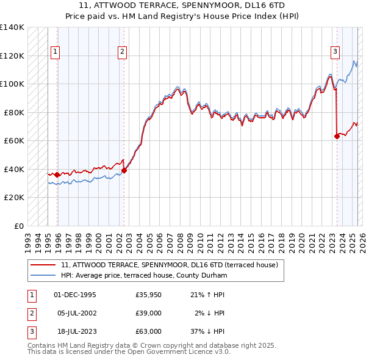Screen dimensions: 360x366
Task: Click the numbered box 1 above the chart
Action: point(55,52)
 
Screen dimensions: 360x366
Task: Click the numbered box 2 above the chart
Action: point(122,52)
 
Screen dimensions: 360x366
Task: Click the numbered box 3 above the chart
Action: point(335,52)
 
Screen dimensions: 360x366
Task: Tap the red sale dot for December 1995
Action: point(57,175)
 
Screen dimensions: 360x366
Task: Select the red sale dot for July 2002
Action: point(124,171)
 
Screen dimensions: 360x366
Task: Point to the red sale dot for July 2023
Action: point(337,137)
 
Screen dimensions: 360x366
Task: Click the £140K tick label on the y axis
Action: point(12,27)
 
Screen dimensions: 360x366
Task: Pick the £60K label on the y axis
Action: point(14,140)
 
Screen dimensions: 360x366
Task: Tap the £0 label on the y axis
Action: point(19,226)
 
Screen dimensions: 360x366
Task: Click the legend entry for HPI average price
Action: point(144,276)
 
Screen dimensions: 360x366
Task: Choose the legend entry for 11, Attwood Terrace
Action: point(170,265)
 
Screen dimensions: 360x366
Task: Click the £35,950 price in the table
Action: point(148,295)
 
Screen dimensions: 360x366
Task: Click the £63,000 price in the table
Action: point(148,331)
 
